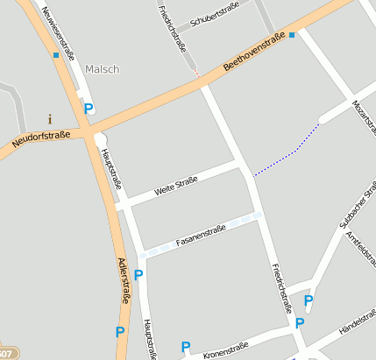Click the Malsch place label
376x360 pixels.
103,68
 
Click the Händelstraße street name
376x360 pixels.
357,330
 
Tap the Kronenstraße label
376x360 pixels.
225,350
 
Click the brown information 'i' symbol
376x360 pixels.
50,118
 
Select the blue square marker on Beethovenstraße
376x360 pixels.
292,35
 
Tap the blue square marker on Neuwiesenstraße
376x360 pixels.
56,55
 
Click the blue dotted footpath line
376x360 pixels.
289,153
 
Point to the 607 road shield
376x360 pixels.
5,354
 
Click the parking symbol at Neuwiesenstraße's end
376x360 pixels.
89,109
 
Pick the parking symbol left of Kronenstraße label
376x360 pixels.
185,347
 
